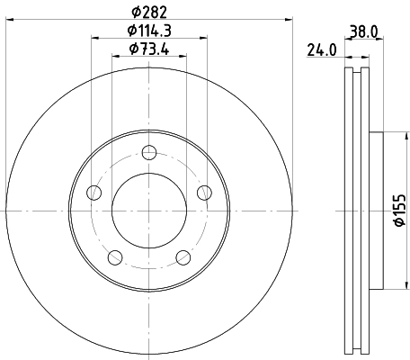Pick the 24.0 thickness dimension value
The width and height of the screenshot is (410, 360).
coord(321,50)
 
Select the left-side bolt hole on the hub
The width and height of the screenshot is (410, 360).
coord(93,192)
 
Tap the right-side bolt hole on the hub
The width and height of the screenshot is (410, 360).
coord(204,192)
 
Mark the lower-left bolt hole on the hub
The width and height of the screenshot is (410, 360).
coord(114,257)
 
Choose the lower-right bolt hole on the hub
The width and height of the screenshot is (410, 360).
coord(183,257)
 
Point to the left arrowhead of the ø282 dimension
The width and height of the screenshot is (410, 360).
coord(7,17)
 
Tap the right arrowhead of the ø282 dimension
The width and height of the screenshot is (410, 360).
coord(290,17)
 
